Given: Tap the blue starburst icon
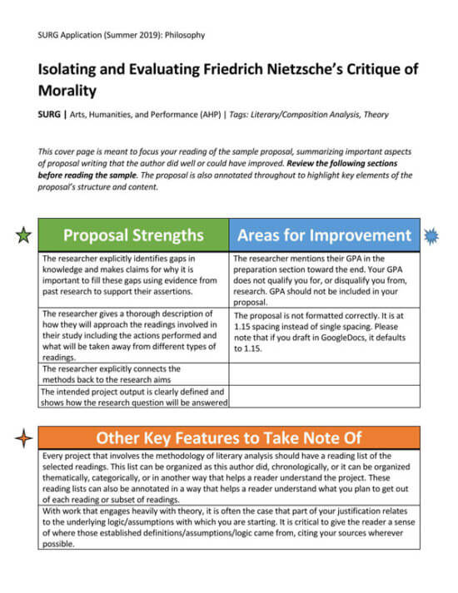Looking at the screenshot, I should coord(431,236).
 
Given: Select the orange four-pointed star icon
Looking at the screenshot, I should coord(24,437).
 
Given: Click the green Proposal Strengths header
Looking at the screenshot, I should coord(133,235).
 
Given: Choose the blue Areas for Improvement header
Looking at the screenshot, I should coord(324,235).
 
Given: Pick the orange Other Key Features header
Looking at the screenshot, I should coord(229,437).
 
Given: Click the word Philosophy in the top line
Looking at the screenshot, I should coord(182,35).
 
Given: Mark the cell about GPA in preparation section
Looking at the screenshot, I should coord(324,280).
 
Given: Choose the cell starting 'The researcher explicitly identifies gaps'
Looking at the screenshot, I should coord(133,280).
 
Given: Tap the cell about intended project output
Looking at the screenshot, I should coord(133,398).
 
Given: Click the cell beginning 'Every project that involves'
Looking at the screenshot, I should coord(229,477).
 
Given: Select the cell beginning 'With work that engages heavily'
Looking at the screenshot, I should coord(229,527).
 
